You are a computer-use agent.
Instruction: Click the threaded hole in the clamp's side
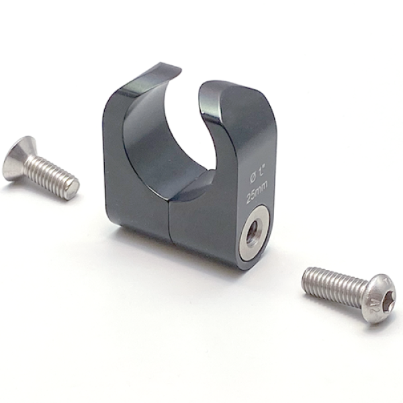pos(254,232)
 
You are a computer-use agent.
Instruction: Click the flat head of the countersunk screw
pos(16,159)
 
